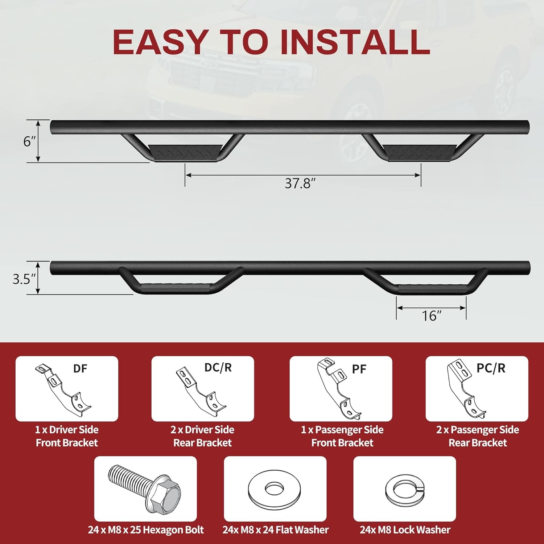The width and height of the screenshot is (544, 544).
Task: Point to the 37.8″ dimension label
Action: [297, 184]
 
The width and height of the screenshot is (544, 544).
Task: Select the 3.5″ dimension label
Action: [24, 279]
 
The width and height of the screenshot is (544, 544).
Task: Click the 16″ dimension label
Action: [431, 316]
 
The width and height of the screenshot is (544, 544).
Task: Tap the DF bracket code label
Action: [80, 369]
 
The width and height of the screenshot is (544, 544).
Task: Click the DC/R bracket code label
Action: [218, 368]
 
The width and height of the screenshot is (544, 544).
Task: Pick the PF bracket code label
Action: [359, 369]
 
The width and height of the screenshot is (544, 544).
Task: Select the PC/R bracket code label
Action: [491, 368]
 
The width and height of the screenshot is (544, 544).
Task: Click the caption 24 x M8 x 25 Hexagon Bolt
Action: [146, 530]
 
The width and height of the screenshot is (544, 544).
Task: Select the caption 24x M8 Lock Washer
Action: [405, 530]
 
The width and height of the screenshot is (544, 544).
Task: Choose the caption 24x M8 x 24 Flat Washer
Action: [276, 530]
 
